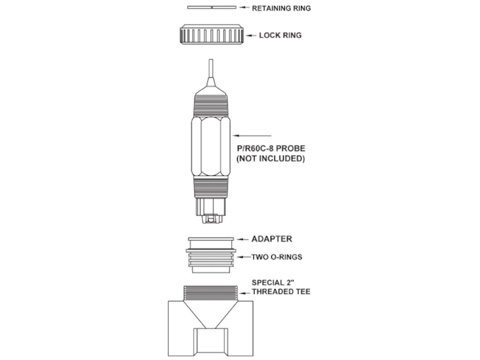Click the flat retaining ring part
click(x=212, y=7)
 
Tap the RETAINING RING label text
click(x=281, y=8)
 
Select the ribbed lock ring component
click(x=212, y=34)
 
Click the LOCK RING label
click(x=280, y=36)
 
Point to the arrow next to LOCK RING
click(x=251, y=36)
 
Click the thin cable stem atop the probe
click(x=211, y=69)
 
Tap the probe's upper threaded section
click(x=211, y=105)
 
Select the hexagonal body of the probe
click(x=211, y=146)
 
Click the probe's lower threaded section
click(x=211, y=188)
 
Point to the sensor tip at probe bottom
click(x=211, y=211)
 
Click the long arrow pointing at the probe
click(x=252, y=135)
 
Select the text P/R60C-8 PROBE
click(x=271, y=148)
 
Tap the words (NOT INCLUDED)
click(x=271, y=159)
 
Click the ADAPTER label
click(x=272, y=239)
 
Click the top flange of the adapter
click(x=211, y=239)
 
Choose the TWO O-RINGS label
click(x=277, y=257)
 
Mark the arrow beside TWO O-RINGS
click(x=244, y=257)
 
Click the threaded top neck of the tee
click(x=211, y=293)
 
